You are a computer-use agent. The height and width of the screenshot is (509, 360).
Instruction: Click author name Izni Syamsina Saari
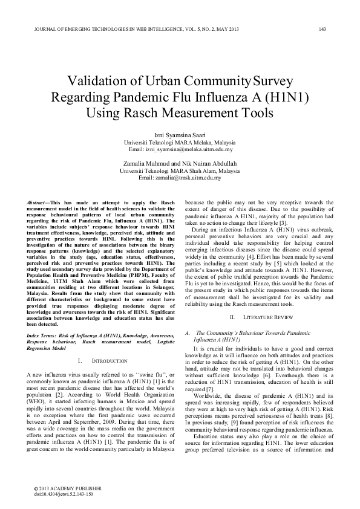[180, 136]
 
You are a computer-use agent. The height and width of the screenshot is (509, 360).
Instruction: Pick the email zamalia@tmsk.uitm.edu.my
[180, 178]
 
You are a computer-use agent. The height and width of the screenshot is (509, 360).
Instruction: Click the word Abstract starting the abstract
[42, 202]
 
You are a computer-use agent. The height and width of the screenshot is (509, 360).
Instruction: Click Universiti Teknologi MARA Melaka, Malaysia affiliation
[180, 143]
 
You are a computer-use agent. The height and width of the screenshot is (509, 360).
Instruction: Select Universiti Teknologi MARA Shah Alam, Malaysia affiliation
[180, 172]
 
